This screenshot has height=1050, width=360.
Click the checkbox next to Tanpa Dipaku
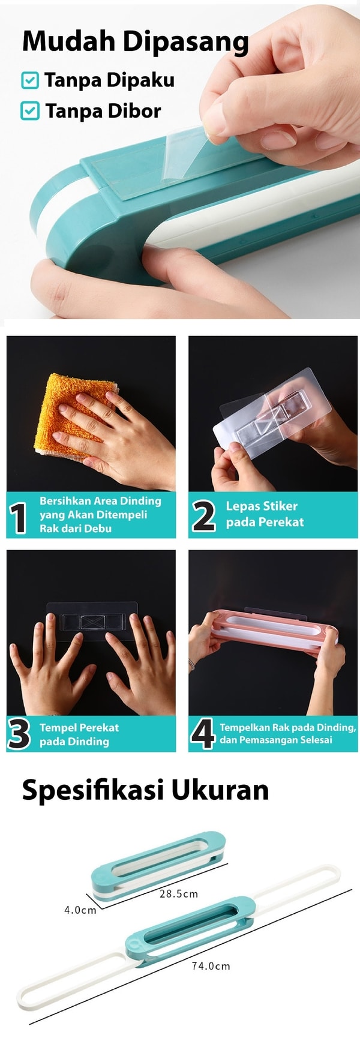click(30, 80)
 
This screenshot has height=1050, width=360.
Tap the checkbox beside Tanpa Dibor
click(30, 111)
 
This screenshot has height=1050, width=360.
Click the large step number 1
click(19, 518)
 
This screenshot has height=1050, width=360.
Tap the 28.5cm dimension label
click(179, 893)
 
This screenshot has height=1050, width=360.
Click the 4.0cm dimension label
click(80, 910)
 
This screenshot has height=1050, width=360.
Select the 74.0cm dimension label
click(211, 966)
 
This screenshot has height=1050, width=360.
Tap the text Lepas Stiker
click(262, 506)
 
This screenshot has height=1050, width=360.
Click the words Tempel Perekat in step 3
click(79, 728)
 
